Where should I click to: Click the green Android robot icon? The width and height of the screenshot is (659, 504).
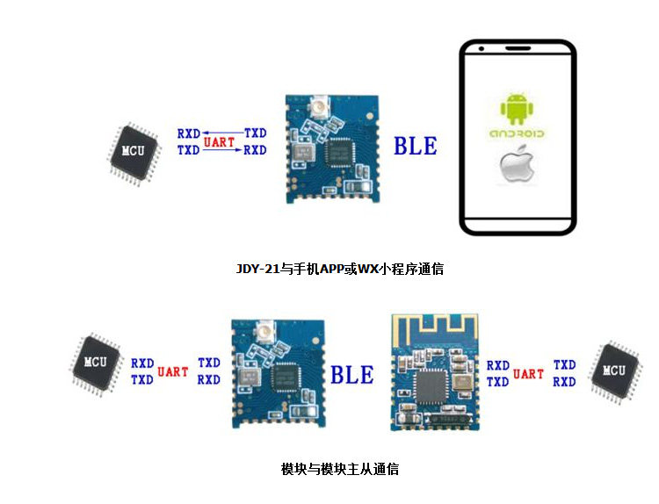click(x=517, y=108)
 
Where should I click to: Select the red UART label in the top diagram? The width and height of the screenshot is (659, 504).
click(x=219, y=141)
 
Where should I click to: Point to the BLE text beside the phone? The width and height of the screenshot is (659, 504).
click(x=415, y=146)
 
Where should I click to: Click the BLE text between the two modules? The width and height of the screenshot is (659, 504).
click(x=351, y=375)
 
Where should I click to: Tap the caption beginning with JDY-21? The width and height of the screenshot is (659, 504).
click(x=339, y=270)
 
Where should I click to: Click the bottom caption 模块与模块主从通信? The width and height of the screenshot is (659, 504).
click(x=339, y=469)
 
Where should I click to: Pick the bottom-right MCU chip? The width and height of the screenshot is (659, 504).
click(x=614, y=371)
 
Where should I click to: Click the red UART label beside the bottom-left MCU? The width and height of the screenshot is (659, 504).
click(x=173, y=371)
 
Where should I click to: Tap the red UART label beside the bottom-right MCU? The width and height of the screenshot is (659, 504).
click(x=528, y=374)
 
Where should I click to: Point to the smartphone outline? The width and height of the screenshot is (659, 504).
click(x=518, y=138)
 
